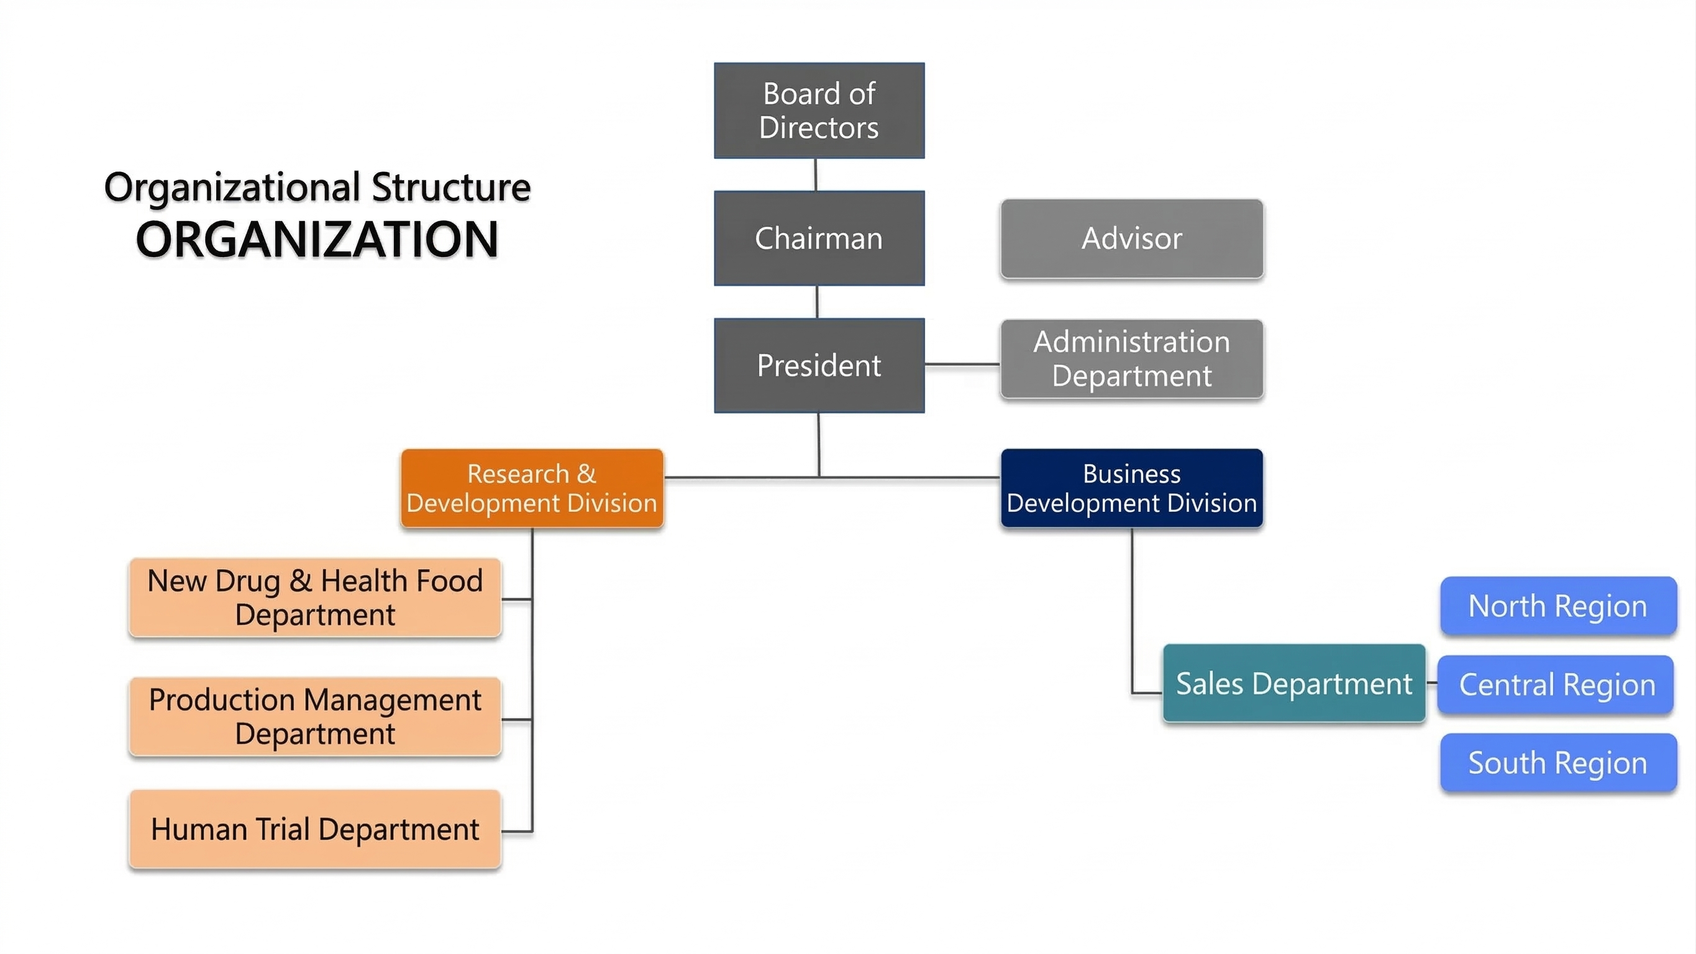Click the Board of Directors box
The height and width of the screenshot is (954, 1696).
[819, 111]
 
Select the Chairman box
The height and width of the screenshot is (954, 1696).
[819, 238]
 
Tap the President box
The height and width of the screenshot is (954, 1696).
[819, 365]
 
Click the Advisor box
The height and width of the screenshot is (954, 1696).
[1132, 238]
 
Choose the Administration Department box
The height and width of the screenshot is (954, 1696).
[1132, 359]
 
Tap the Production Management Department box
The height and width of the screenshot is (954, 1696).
[316, 716]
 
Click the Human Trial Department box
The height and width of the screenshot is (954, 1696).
[316, 829]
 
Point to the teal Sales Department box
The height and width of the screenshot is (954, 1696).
[1293, 683]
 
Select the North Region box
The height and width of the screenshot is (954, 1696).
[1557, 606]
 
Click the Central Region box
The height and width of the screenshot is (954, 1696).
[1556, 684]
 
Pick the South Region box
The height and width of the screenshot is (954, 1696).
[1557, 763]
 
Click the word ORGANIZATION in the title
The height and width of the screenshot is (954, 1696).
[317, 240]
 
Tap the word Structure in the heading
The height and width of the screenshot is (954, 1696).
[451, 188]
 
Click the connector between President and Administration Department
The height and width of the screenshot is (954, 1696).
[962, 364]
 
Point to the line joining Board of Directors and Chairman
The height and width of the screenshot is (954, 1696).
[816, 175]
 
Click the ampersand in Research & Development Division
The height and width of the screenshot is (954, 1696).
[586, 474]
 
